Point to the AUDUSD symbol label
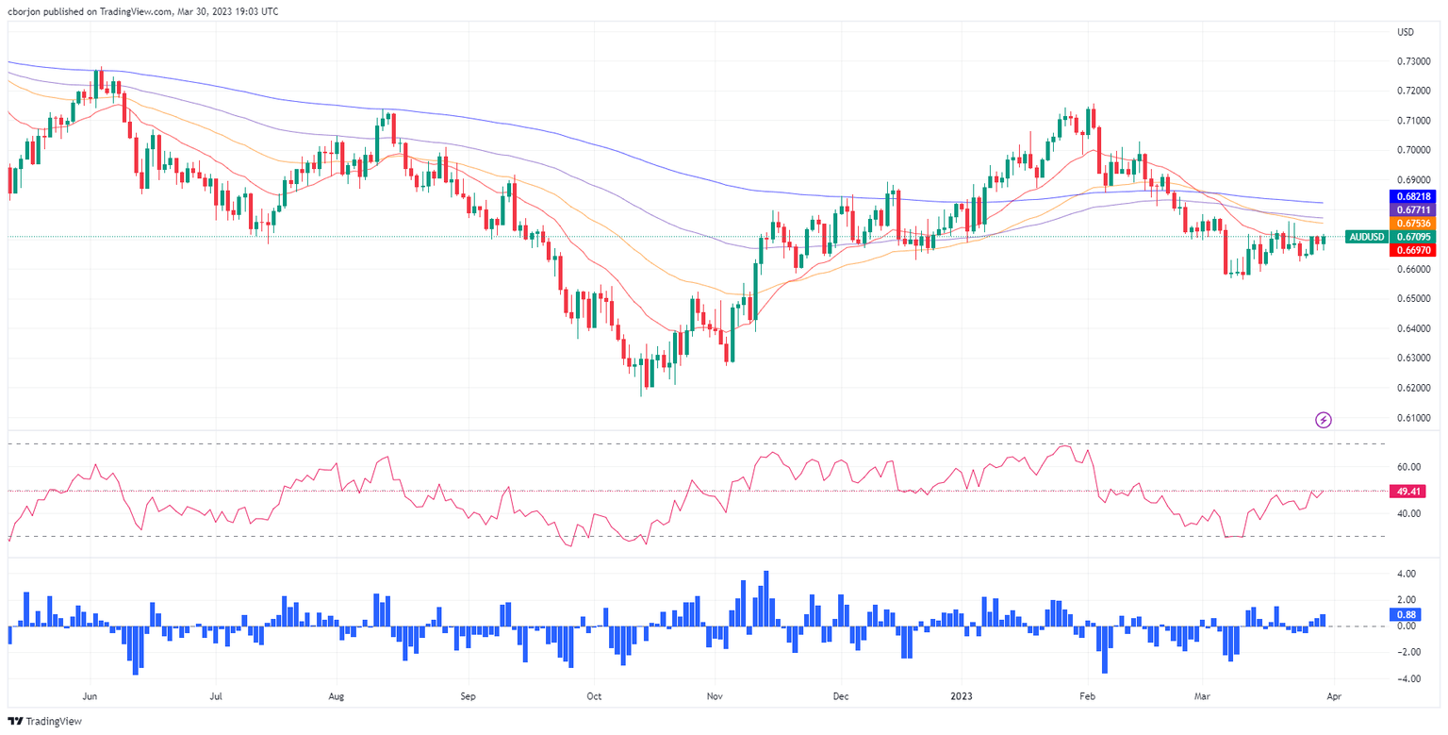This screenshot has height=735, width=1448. click(1365, 237)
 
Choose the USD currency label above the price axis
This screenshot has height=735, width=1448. click(1406, 33)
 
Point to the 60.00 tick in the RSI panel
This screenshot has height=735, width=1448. click(1408, 467)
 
